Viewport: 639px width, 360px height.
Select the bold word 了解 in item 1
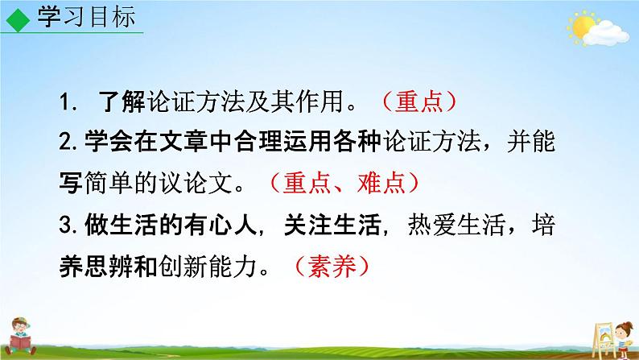coord(117,103)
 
